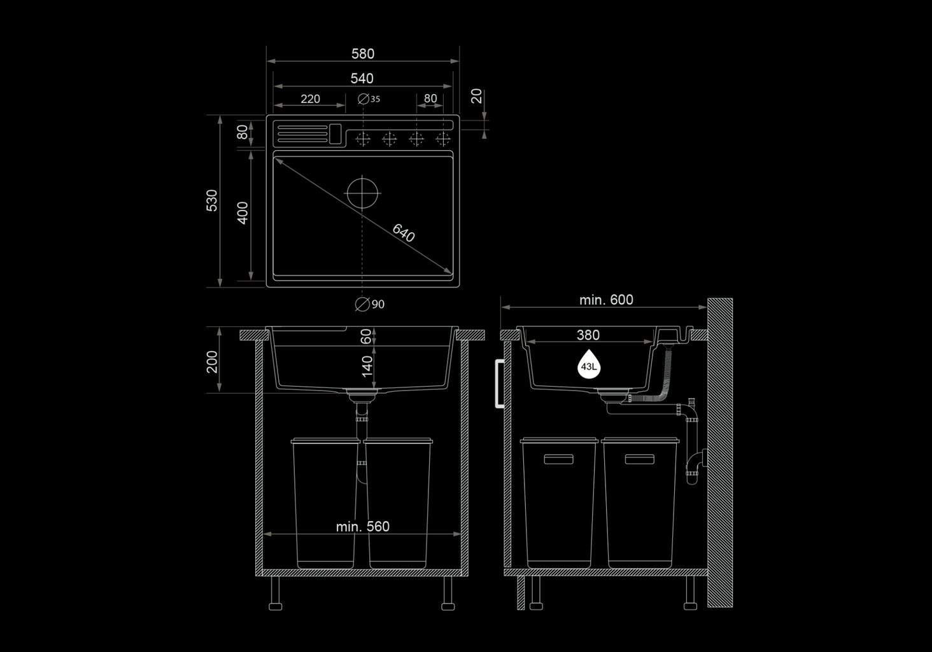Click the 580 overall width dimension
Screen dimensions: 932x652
click(363, 53)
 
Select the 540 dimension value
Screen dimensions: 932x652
click(362, 78)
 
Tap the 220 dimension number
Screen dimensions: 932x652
click(311, 99)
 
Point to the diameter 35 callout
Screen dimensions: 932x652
click(369, 99)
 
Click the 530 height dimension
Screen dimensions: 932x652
click(212, 200)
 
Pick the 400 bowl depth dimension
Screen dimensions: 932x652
click(242, 213)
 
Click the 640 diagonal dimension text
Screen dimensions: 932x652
click(404, 233)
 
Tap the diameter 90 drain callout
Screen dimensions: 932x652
click(370, 305)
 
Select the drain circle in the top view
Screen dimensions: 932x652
click(362, 193)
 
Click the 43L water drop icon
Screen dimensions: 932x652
click(589, 364)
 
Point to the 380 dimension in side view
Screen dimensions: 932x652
click(588, 335)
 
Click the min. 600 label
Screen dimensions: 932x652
click(606, 300)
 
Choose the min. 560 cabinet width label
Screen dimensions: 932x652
click(363, 527)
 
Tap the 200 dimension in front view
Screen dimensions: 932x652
click(212, 362)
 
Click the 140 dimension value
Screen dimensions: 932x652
click(367, 366)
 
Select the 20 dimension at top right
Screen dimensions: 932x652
click(476, 96)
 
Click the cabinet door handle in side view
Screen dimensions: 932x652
click(500, 384)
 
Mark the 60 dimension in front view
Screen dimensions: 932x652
click(365, 336)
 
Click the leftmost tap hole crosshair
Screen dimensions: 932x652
click(363, 139)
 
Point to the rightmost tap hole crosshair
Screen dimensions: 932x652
click(443, 139)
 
